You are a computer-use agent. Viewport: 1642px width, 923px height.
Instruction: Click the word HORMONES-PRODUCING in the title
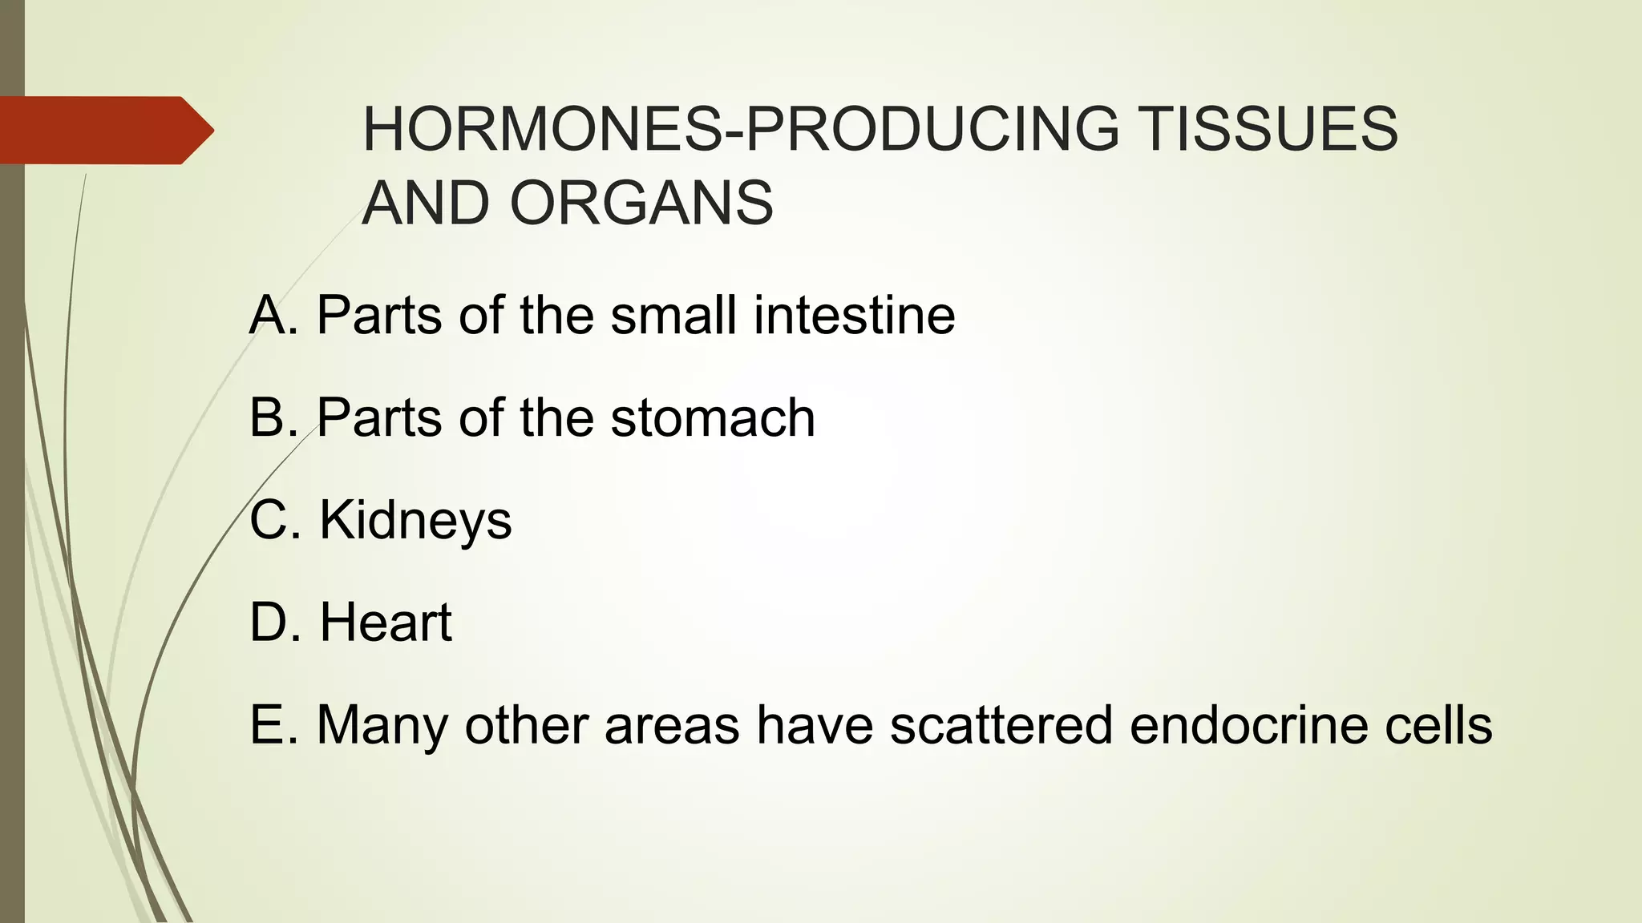[740, 129]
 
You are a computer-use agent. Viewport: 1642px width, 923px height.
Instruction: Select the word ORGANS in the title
[641, 204]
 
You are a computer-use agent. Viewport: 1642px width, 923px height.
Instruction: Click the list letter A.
[269, 315]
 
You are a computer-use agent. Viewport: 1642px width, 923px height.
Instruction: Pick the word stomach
[713, 417]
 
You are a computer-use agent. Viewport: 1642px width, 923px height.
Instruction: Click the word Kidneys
[415, 522]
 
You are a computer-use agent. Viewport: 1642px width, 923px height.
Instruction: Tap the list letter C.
[269, 520]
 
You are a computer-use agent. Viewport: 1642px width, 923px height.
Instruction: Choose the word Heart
[386, 623]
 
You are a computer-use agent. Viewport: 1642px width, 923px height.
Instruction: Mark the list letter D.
[269, 623]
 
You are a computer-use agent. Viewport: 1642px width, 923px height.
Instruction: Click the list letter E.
[268, 725]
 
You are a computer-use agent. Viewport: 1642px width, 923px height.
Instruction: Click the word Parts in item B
[379, 417]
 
